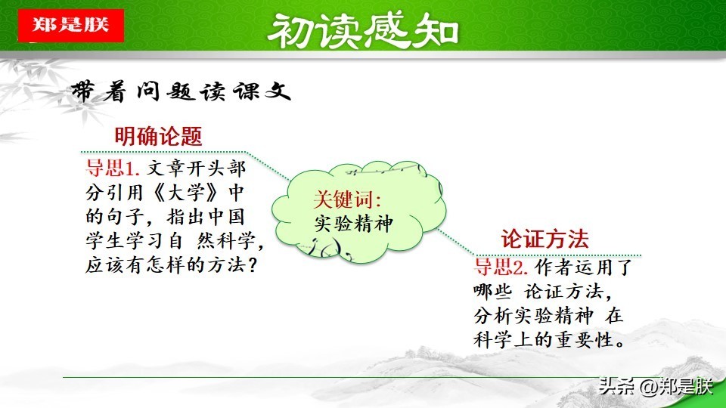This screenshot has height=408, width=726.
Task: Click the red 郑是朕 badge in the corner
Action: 71,26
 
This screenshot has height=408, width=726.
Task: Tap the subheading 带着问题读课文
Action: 181,91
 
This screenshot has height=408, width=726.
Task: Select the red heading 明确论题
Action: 158,136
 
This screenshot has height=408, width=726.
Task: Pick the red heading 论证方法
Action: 544,240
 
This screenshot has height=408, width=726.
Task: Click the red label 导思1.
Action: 113,168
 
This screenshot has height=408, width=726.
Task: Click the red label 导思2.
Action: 501,267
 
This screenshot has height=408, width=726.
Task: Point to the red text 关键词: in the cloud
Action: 347,199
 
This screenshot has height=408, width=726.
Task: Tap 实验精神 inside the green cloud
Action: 354,224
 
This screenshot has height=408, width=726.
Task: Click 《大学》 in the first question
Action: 186,193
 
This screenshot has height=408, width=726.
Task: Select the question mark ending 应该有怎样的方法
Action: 253,265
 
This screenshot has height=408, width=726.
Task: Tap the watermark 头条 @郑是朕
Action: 655,386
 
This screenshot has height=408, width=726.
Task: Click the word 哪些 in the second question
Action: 492,292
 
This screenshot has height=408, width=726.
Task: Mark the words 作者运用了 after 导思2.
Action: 584,267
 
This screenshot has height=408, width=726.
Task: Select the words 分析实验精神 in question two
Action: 533,316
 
